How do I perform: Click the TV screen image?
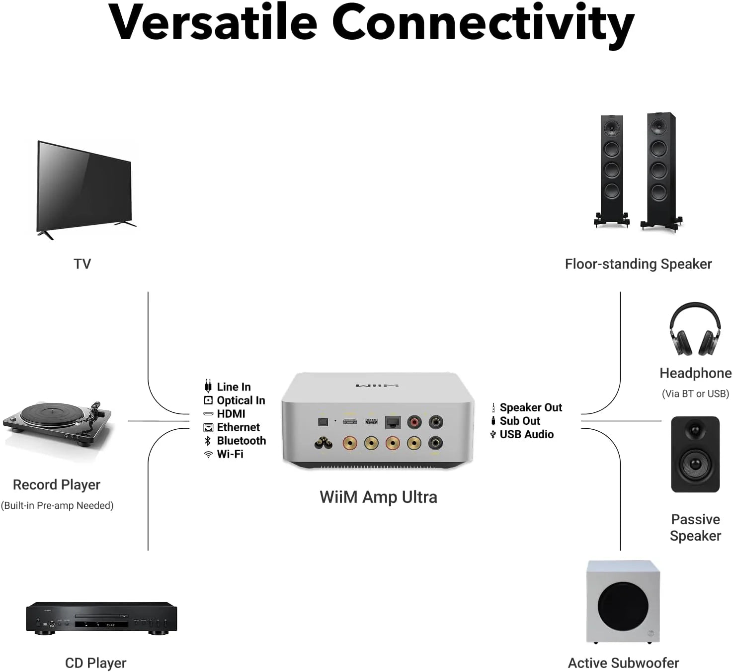coord(84,188)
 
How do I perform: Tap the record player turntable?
coord(57,423)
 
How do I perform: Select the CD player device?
coord(101,618)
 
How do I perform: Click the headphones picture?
coord(695,329)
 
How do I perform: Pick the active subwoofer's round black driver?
coord(623,607)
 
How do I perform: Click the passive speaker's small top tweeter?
coord(695,429)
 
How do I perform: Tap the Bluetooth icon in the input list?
coord(208,441)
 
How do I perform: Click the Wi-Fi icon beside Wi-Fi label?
coord(208,454)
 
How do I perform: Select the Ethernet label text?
coord(238,427)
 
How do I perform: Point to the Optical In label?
coord(241,400)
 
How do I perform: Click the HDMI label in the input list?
coord(231,414)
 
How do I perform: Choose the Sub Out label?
coord(520,421)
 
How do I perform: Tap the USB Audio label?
coord(526,434)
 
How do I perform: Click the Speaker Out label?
coord(531,407)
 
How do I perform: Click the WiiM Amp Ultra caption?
coord(378,497)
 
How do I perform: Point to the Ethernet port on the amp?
coord(393,422)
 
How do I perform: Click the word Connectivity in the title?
coord(483,22)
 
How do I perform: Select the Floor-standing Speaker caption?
coord(638,264)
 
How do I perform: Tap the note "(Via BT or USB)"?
coord(695,393)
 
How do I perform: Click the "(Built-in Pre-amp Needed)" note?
coord(57,505)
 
